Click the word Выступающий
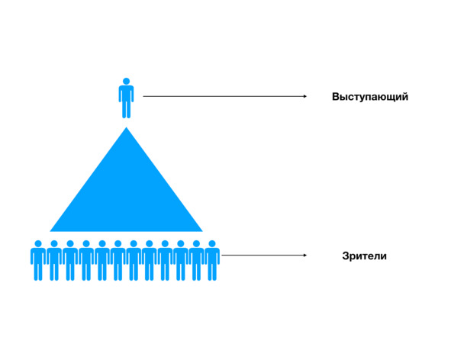[370, 97]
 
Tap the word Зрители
[364, 256]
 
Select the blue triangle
[126, 195]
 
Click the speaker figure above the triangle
[126, 98]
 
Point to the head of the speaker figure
[126, 81]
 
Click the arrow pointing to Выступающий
[225, 96]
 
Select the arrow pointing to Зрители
[264, 256]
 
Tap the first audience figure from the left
[38, 261]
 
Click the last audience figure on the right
[212, 261]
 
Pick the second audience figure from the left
[54, 261]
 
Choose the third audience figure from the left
[70, 261]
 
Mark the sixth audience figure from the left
[118, 261]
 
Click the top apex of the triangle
[126, 127]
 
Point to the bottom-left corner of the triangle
[50, 231]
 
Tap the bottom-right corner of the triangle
[202, 231]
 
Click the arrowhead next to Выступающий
[305, 96]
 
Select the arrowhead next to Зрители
[305, 256]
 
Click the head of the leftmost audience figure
[38, 244]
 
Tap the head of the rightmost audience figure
[212, 244]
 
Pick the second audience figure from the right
[196, 261]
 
